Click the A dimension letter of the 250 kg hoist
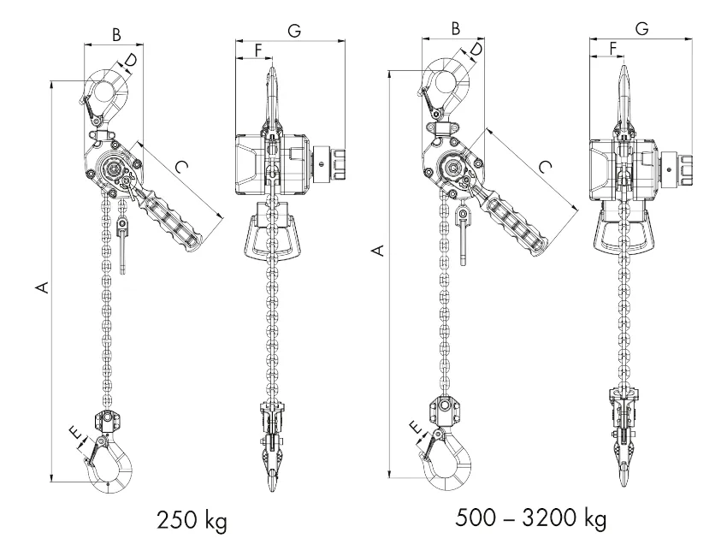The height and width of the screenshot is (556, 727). coord(43,287)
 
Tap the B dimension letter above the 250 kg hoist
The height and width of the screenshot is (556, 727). coord(116,34)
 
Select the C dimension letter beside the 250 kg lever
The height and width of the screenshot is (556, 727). coord(181,166)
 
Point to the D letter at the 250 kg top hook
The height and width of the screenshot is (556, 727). coord(131,61)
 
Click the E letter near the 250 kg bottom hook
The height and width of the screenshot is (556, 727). coord(76,432)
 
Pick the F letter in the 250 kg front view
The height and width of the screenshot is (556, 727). coord(258,50)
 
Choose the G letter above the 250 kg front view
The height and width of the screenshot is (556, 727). coord(294,31)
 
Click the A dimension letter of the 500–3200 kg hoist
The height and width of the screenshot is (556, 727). coord(379,250)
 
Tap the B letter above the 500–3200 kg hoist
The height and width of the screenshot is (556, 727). coord(455,29)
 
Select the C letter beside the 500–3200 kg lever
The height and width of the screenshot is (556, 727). coord(546,166)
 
